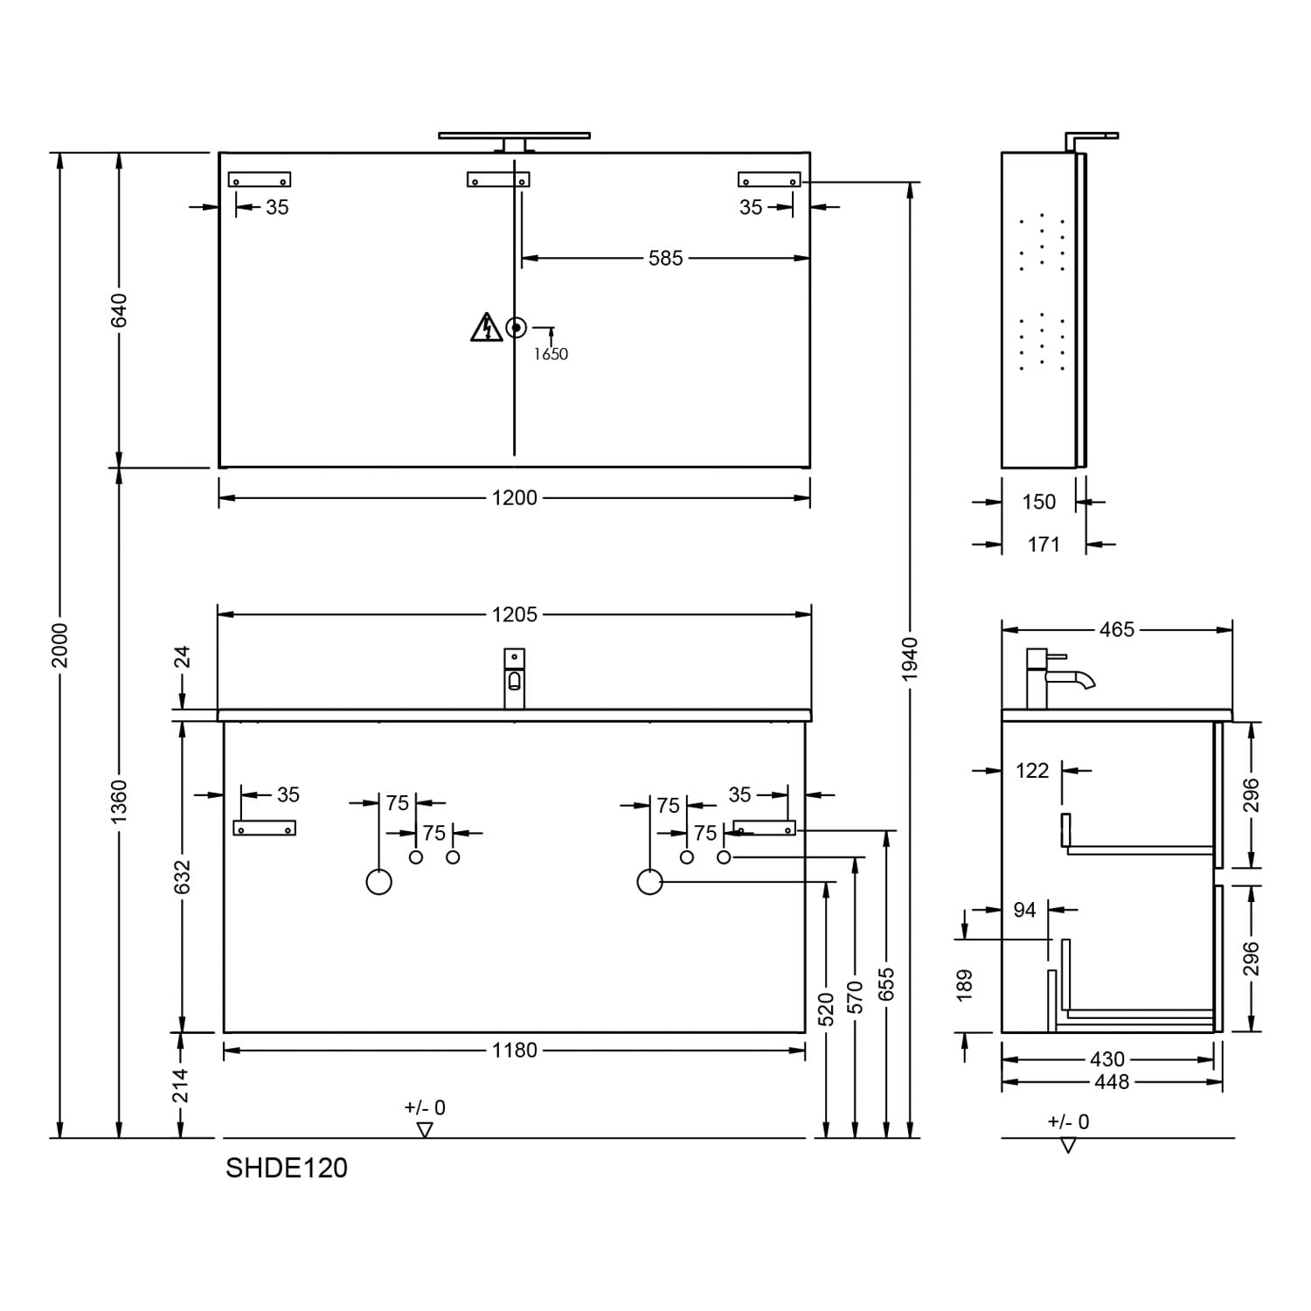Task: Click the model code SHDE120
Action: [x=287, y=1168]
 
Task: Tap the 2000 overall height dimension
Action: [x=59, y=645]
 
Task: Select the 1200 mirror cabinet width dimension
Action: [x=514, y=498]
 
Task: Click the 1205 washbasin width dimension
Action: [x=514, y=614]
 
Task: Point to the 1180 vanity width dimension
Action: [x=514, y=1050]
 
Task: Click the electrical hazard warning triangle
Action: [x=486, y=328]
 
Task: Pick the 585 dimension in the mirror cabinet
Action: [x=665, y=258]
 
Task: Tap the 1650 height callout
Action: [x=551, y=354]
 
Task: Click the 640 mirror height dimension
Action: [x=119, y=310]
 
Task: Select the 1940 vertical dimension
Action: [x=910, y=660]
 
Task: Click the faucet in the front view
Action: [x=515, y=678]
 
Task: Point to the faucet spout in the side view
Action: [x=1072, y=677]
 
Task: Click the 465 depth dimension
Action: [x=1117, y=629]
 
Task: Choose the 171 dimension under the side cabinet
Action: [x=1044, y=545]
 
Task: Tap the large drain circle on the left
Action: [x=379, y=882]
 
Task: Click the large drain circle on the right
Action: [x=650, y=882]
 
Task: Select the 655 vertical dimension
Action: [x=887, y=986]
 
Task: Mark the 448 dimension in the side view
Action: [x=1112, y=1082]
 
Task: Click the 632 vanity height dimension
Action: [x=182, y=877]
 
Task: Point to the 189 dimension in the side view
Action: [x=964, y=985]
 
